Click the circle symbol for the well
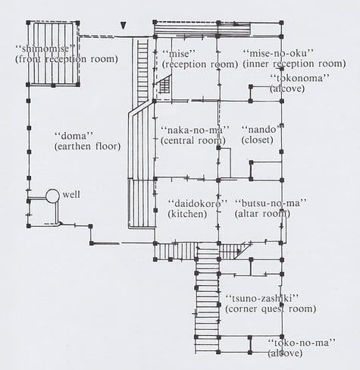coord(53,196)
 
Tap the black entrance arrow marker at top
coord(122,27)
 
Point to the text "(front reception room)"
coord(67,58)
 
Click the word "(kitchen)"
coord(187,215)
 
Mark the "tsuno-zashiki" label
coord(263,297)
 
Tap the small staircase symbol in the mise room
coord(164,85)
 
